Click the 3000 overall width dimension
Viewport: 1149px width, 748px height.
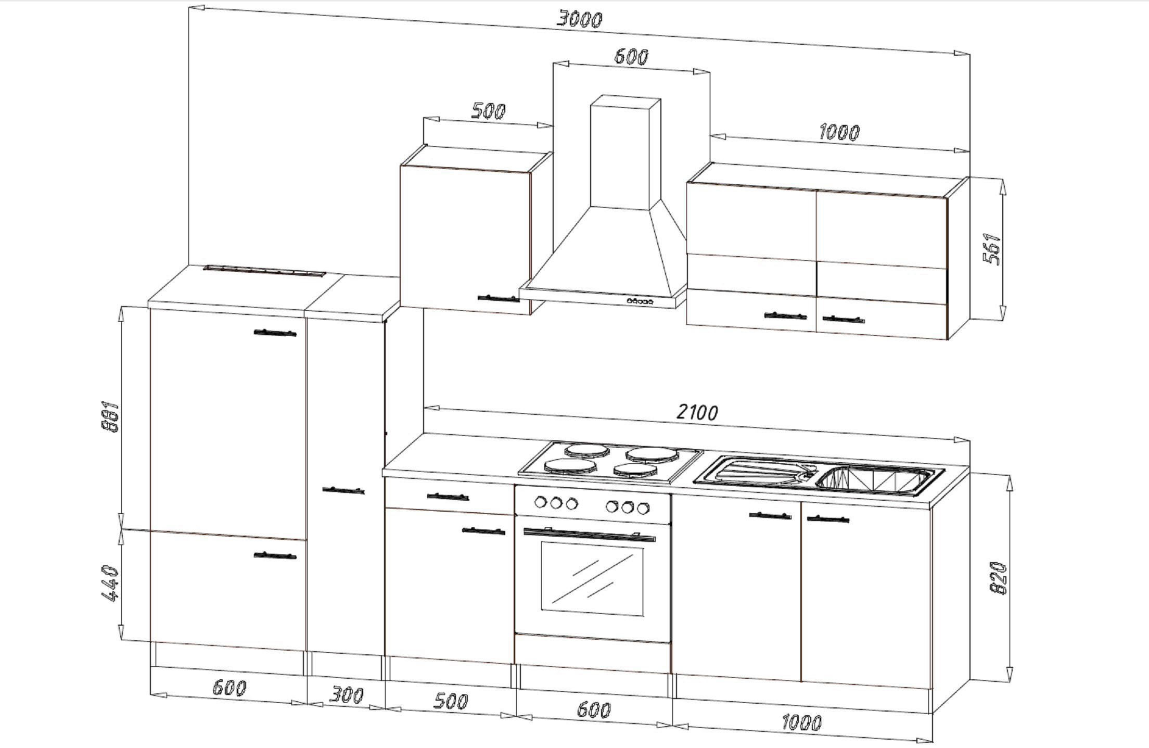click(579, 19)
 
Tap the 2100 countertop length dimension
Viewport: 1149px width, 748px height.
click(697, 412)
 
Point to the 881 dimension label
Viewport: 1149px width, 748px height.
click(111, 416)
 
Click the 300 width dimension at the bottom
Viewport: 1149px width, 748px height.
click(347, 695)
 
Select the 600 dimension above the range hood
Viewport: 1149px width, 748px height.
click(631, 56)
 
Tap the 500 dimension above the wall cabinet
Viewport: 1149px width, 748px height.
click(488, 111)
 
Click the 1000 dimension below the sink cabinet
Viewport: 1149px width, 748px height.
click(802, 722)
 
